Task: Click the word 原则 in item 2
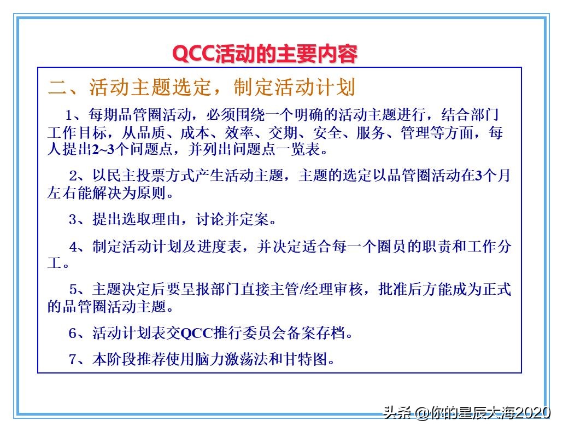click(x=148, y=193)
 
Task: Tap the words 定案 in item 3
click(x=255, y=220)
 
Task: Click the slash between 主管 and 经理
click(x=302, y=290)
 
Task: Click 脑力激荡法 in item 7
click(x=238, y=359)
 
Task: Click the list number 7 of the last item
click(x=73, y=359)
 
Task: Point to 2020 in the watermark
click(x=532, y=412)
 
